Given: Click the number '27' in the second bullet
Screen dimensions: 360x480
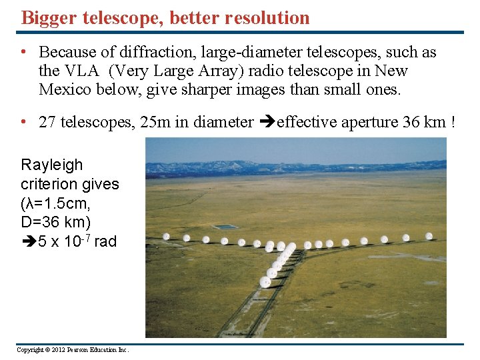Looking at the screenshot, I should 47,122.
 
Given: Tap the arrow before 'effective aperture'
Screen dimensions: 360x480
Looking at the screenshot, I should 266,122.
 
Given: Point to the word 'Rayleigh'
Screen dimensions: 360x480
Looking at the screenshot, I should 52,165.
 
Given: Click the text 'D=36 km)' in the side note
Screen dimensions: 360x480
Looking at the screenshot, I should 56,222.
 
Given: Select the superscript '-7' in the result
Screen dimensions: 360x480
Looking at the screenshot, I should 86,237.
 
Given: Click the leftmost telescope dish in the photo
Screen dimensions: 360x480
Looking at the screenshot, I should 166,236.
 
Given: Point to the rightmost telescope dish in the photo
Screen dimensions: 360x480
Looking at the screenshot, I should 429,235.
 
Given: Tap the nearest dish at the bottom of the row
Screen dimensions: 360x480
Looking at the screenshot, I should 265,282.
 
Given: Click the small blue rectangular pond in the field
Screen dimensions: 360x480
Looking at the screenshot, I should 227,227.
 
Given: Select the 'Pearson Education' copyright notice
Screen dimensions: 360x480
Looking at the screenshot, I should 72,350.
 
